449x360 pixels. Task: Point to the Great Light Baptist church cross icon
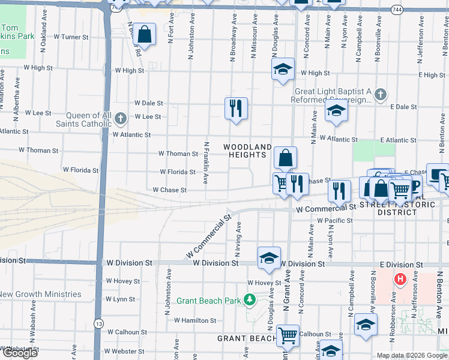click(379, 94)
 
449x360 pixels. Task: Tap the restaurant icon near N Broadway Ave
click(236, 108)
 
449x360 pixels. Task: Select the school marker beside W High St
click(283, 68)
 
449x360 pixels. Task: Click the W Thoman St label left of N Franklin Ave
click(178, 154)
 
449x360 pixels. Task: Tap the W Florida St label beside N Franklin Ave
click(178, 172)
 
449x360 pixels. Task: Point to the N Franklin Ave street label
click(206, 163)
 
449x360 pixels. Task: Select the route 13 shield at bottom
click(98, 323)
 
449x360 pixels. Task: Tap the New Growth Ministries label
click(41, 294)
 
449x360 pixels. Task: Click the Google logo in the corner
click(20, 353)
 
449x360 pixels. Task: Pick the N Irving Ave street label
click(239, 239)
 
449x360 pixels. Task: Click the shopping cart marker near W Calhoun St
click(288, 335)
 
